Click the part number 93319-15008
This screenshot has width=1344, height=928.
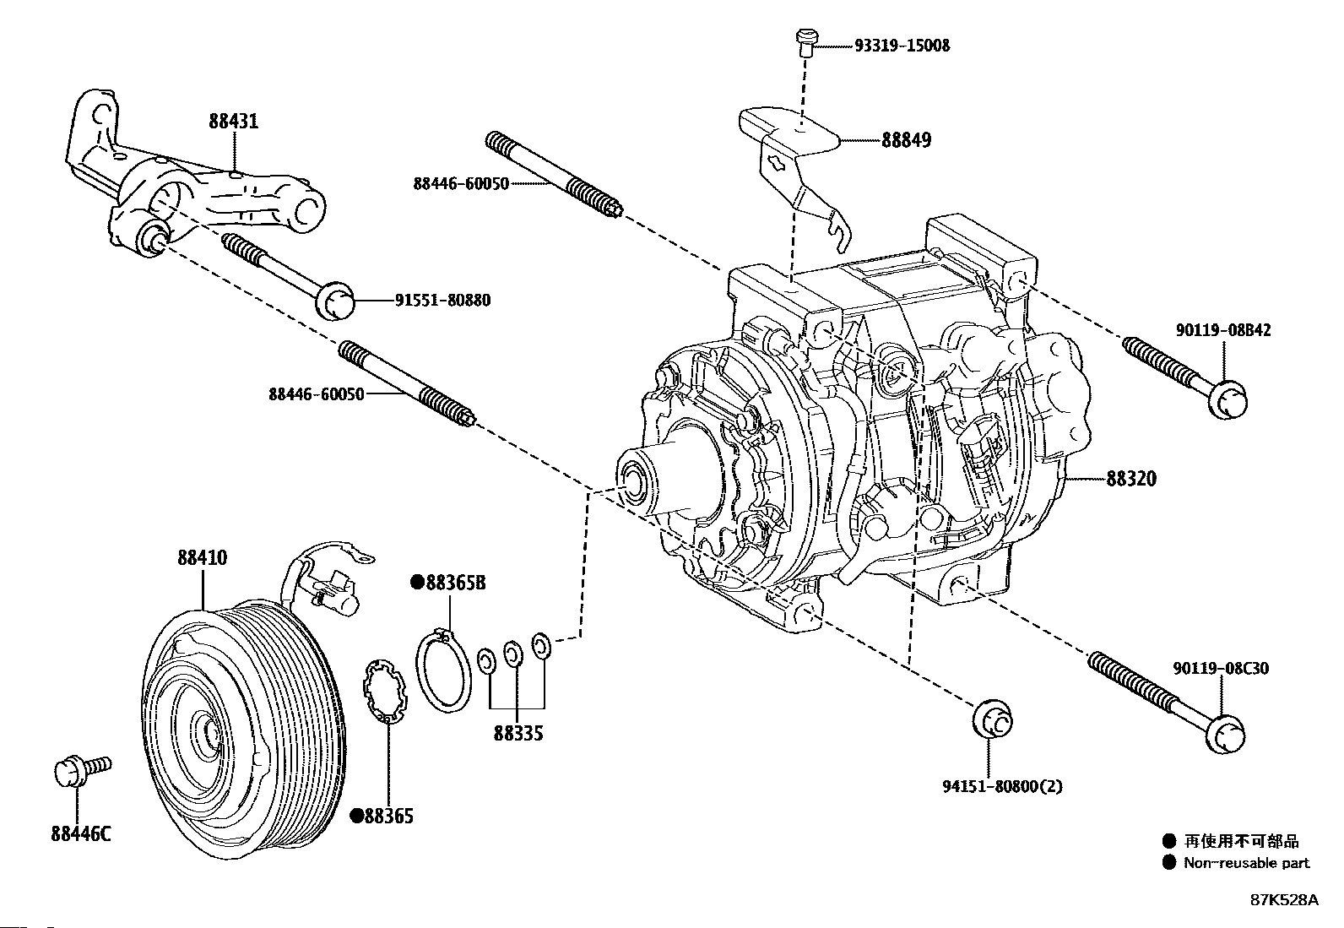[x=890, y=45]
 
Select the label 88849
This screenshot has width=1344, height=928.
[x=906, y=140]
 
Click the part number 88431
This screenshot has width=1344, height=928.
[x=234, y=122]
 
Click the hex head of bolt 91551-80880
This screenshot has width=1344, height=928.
[x=336, y=301]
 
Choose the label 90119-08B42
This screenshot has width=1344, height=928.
[x=1222, y=330]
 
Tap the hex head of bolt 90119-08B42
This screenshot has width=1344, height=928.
[x=1227, y=399]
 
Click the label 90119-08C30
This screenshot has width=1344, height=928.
[x=1220, y=668]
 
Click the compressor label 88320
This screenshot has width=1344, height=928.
[x=1131, y=479]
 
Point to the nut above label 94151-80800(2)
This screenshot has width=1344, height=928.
[x=993, y=720]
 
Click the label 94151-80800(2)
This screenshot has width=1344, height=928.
[x=1002, y=786]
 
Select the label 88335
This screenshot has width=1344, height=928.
[x=518, y=733]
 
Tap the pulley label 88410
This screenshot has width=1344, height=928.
[x=202, y=558]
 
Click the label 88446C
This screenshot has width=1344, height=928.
[x=80, y=834]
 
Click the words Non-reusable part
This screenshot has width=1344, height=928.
[x=1246, y=863]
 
